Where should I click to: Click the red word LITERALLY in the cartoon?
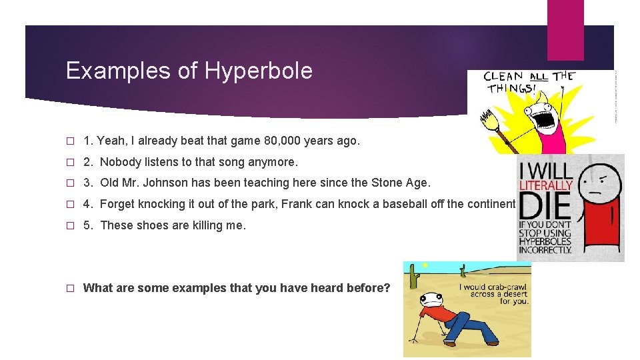[546, 184]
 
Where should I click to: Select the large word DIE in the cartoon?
[545, 207]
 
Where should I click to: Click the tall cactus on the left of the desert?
[413, 276]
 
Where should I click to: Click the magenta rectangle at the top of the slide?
[565, 30]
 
